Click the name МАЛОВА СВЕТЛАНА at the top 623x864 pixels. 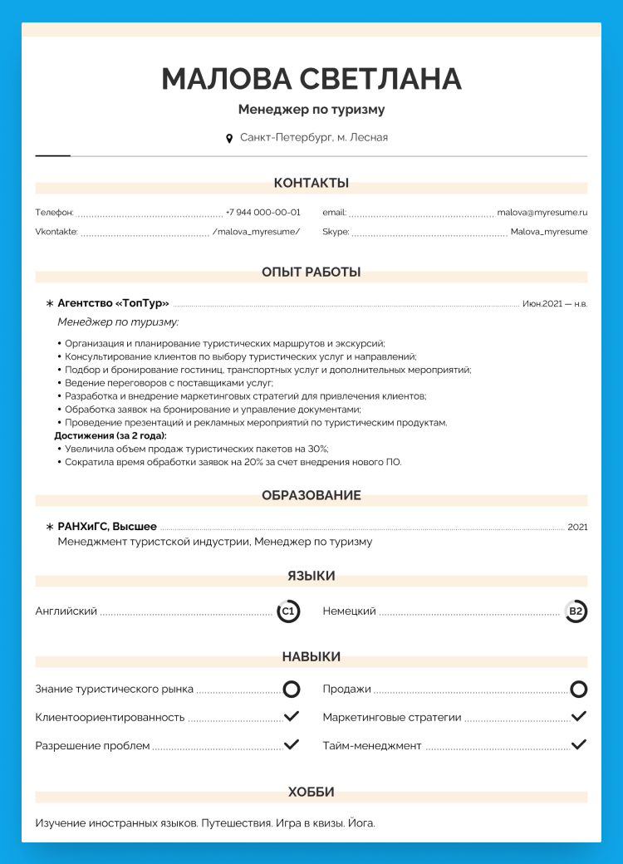(x=311, y=78)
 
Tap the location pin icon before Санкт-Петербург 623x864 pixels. (x=229, y=138)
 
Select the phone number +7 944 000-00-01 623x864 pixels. (x=262, y=213)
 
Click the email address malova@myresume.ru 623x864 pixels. (x=542, y=213)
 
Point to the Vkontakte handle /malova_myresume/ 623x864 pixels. (x=256, y=232)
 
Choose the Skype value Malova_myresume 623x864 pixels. (x=549, y=232)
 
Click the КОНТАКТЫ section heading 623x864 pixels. (x=311, y=183)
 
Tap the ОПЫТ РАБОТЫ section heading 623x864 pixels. (x=311, y=272)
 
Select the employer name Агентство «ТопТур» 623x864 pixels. (x=113, y=303)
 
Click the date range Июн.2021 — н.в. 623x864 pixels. (x=555, y=304)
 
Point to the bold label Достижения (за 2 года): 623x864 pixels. (x=110, y=435)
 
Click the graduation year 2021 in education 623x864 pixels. (x=577, y=527)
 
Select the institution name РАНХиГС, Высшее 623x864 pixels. (x=107, y=527)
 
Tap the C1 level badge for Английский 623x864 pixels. (x=287, y=611)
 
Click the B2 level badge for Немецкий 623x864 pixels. (x=576, y=611)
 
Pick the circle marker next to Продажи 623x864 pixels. (x=579, y=689)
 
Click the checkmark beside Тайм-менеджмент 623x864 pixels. (x=579, y=744)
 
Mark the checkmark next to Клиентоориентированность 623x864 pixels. (x=292, y=716)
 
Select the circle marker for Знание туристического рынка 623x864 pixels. (x=292, y=689)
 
